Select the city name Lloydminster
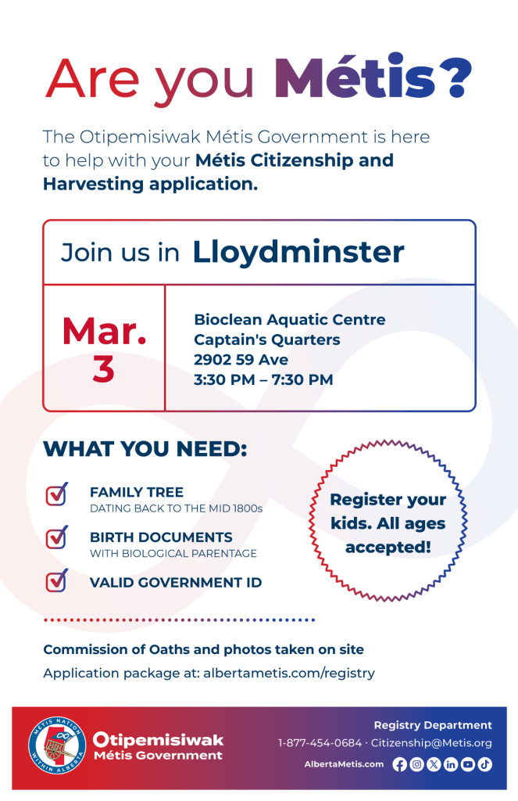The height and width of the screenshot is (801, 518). point(298,252)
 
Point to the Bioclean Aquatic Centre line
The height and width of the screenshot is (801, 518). point(289,319)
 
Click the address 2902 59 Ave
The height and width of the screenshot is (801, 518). point(241,360)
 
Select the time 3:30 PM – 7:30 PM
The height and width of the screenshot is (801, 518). point(263,380)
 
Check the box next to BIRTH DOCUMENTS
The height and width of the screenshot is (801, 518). point(56,538)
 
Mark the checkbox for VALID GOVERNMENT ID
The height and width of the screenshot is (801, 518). point(56,581)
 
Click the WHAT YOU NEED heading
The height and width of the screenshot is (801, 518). point(145,450)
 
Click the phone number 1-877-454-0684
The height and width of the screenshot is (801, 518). point(320,743)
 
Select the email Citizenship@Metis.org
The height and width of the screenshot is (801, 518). point(431,743)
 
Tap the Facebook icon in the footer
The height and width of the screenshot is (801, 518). point(399,765)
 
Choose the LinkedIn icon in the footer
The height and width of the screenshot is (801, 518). point(451,765)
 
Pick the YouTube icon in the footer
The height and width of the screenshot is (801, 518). point(468,765)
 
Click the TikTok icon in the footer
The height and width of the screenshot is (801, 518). point(485,765)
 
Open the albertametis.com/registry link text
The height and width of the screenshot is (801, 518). point(289,673)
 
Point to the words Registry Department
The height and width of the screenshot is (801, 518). point(433,725)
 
